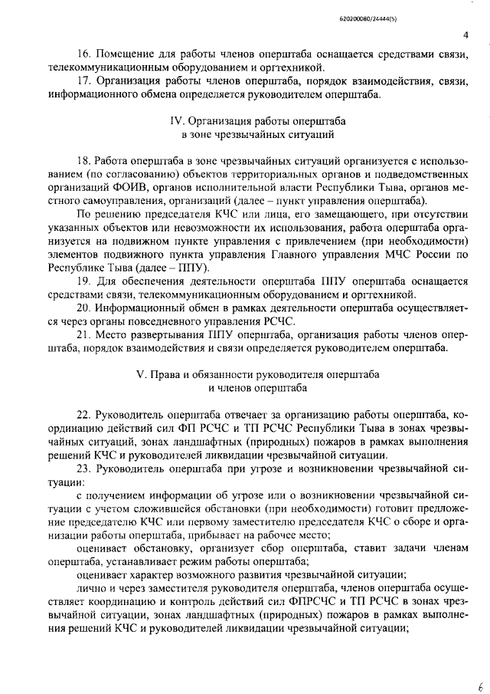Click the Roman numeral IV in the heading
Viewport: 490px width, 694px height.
(175, 122)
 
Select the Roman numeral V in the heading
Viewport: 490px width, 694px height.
(139, 376)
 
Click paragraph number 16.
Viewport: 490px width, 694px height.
(84, 56)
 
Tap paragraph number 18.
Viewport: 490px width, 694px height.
(84, 160)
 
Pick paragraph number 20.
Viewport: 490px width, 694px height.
(84, 308)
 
